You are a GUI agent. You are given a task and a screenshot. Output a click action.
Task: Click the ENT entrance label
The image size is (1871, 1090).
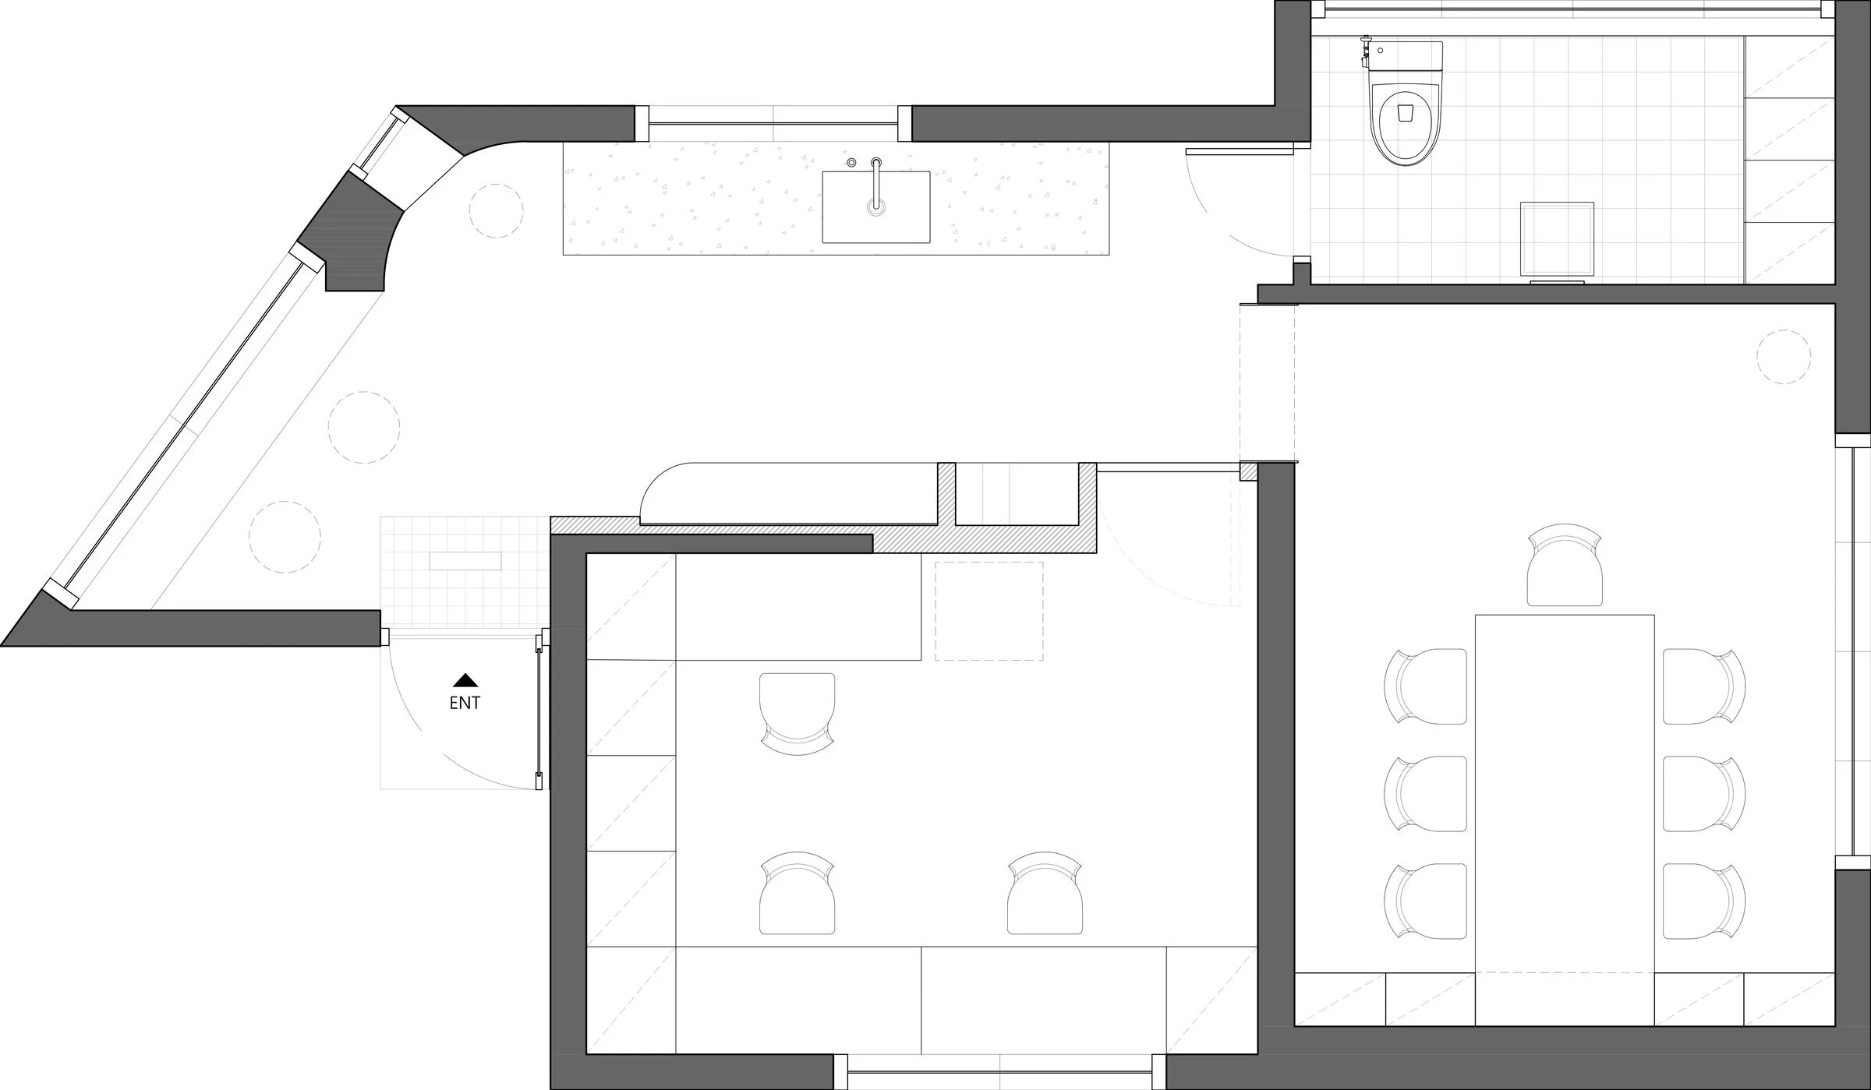coord(465,703)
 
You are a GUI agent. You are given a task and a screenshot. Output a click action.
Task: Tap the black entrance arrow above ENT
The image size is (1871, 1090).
coord(465,680)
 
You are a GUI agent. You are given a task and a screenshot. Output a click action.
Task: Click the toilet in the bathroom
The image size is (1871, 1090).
coord(1406,125)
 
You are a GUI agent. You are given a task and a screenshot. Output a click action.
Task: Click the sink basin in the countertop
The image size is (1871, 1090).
coord(876,207)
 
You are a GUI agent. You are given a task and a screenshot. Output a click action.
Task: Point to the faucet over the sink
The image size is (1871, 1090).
coord(877,183)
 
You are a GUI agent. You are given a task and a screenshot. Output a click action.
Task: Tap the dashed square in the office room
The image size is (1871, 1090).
coord(989,611)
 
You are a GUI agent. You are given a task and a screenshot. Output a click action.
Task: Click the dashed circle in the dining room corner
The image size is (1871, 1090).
coord(1784,357)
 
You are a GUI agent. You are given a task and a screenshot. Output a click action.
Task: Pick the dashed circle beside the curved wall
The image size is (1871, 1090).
coord(496,210)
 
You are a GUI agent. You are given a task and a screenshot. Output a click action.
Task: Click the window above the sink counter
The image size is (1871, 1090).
coord(773,124)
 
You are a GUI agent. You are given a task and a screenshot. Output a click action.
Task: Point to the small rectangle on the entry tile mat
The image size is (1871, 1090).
coord(465,561)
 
